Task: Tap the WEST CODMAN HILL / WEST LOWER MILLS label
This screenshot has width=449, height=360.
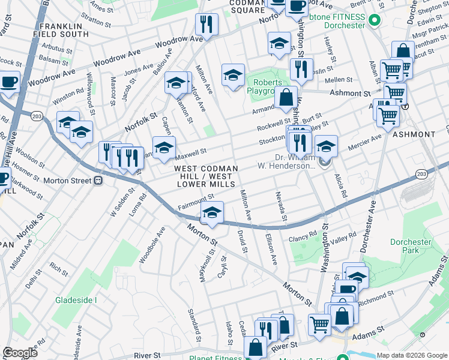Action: tap(205, 177)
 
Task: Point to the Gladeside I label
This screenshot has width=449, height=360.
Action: tap(76, 299)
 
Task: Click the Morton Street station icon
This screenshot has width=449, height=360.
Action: tap(98, 179)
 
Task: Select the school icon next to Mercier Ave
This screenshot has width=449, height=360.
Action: tap(326, 146)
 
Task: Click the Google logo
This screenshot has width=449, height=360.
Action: tap(20, 353)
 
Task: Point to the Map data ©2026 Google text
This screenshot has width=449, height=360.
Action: tap(412, 355)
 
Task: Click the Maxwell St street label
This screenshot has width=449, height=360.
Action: tap(191, 151)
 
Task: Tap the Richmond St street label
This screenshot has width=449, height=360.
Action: tap(378, 295)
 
